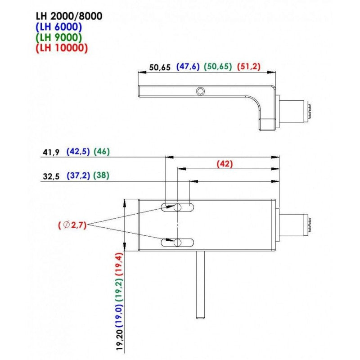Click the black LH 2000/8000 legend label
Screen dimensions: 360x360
(x=69, y=16)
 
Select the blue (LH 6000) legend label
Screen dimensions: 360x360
(x=59, y=27)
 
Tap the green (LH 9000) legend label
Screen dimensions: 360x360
(x=59, y=37)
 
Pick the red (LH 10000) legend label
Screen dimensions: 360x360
(x=62, y=47)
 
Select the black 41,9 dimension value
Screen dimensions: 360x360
(x=51, y=152)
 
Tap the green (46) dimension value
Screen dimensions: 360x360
(x=102, y=152)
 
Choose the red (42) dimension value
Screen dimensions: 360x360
(x=225, y=164)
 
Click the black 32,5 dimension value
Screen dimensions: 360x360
(x=51, y=176)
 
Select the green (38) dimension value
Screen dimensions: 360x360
(x=102, y=176)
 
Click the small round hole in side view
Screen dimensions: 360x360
(x=200, y=91)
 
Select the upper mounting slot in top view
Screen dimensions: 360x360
(x=178, y=207)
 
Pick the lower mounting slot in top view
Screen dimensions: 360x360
(x=178, y=243)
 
